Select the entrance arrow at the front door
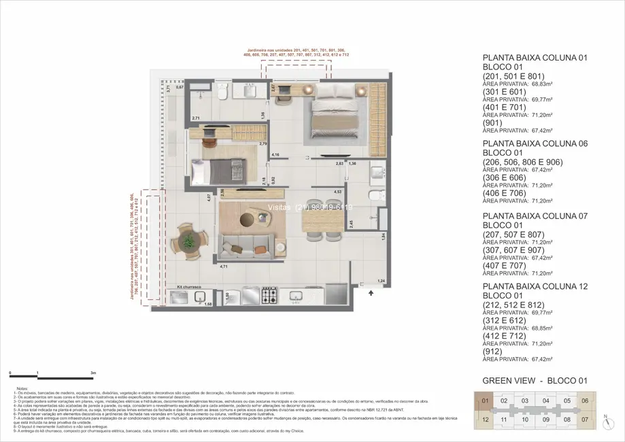[371, 293]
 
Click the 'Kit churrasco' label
[190, 288]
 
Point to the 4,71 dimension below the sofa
[224, 267]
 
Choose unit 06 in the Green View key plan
[584, 401]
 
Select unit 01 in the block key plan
[485, 401]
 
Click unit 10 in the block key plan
[525, 420]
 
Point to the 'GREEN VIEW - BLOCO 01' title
[534, 381]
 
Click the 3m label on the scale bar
[94, 373]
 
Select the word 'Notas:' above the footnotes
[22, 389]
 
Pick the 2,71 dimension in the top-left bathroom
[196, 119]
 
